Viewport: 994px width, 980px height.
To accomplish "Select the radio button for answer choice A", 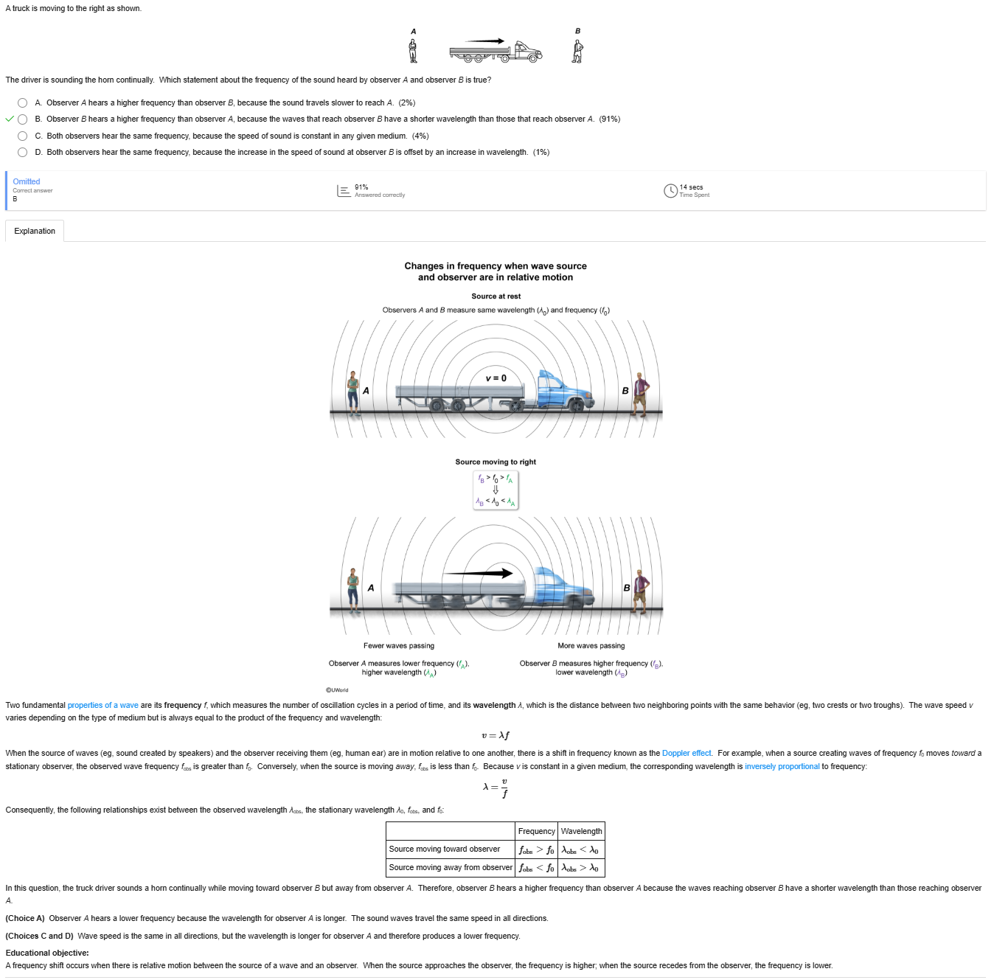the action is click(x=22, y=102).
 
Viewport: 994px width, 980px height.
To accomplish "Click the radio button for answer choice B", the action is click(x=22, y=119).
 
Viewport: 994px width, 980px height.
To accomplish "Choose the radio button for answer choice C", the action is click(x=22, y=136).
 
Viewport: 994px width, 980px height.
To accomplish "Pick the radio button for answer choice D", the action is click(x=22, y=152).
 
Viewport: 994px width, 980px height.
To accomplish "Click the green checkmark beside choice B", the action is click(x=10, y=119).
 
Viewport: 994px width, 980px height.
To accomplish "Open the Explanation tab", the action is click(x=35, y=232).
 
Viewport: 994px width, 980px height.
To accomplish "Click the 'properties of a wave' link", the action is click(x=102, y=706).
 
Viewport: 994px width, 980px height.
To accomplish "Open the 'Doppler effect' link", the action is click(x=686, y=754).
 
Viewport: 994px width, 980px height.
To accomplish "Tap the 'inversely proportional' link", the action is click(x=782, y=767).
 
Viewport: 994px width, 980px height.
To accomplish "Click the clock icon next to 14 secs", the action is click(x=670, y=191).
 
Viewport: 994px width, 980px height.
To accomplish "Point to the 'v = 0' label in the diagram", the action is click(x=496, y=378).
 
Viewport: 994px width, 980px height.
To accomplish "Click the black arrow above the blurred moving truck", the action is click(x=478, y=573).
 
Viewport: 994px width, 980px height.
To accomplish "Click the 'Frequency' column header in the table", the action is click(x=536, y=831).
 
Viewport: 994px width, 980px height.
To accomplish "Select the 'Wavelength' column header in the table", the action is click(x=581, y=831).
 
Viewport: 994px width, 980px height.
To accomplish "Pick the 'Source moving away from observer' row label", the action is click(x=451, y=867).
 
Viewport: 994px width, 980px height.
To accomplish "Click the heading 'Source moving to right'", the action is click(x=496, y=462).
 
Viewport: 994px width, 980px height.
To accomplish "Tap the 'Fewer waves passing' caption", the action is click(x=399, y=646).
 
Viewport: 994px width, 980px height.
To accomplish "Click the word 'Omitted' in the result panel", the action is click(x=27, y=181).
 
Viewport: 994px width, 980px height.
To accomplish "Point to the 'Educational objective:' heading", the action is click(x=47, y=953).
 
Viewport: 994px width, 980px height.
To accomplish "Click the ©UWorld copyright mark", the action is click(x=337, y=690).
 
